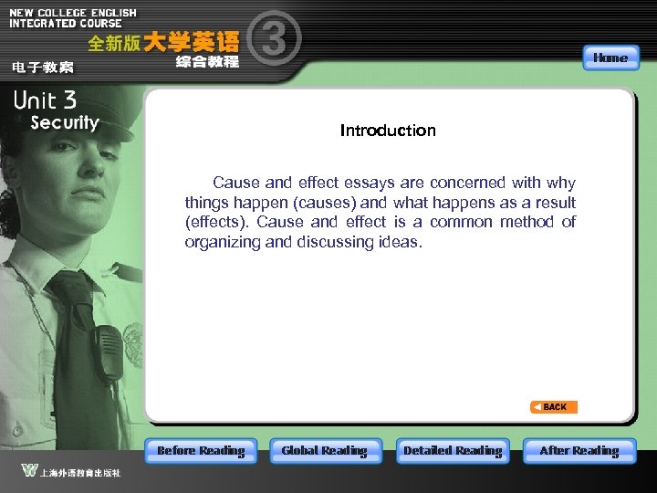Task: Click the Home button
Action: [610, 58]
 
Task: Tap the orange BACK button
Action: [554, 407]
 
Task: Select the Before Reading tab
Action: [201, 450]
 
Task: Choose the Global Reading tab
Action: [324, 450]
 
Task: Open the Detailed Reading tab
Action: [453, 450]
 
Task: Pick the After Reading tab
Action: [579, 450]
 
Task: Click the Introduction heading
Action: [388, 131]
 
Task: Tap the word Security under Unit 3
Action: [64, 122]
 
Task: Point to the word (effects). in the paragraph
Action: [216, 222]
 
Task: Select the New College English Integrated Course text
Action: [73, 18]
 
